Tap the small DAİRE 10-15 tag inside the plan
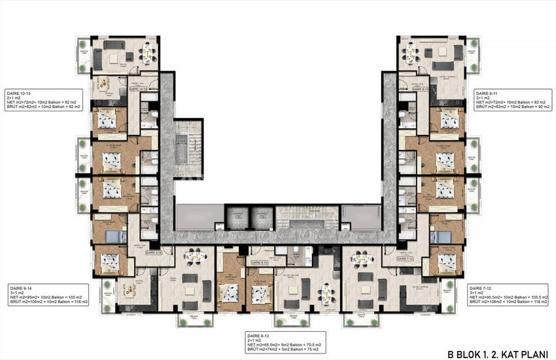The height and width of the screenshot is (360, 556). (139, 89)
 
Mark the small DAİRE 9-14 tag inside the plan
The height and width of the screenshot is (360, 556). (154, 251)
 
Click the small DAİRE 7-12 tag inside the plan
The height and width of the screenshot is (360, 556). (404, 259)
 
